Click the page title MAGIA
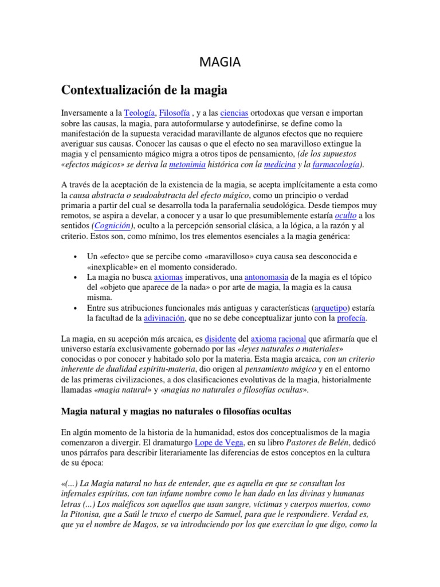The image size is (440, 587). pos(220,62)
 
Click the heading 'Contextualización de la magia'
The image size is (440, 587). pos(144,90)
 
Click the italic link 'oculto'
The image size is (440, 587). pos(346,216)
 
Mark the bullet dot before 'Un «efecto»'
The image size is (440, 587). pos(76,256)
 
